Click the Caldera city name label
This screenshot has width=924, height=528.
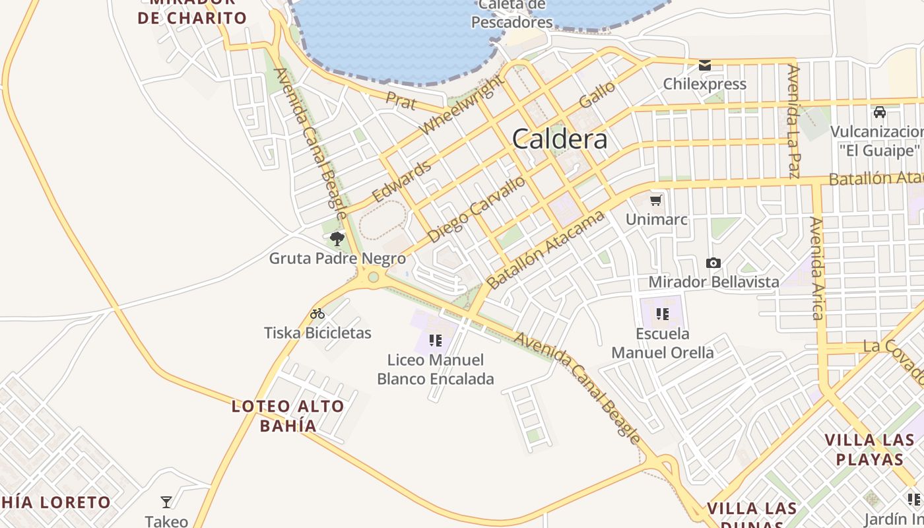pyautogui.click(x=560, y=139)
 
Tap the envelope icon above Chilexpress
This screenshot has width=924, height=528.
pyautogui.click(x=705, y=65)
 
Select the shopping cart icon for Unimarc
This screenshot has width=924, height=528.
pyautogui.click(x=656, y=200)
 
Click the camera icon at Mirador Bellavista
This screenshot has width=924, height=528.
pyautogui.click(x=713, y=263)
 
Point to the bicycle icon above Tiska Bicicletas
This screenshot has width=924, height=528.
pyautogui.click(x=317, y=313)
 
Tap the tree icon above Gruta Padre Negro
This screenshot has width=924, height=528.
pyautogui.click(x=337, y=238)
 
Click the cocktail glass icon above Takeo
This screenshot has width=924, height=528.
pyautogui.click(x=166, y=502)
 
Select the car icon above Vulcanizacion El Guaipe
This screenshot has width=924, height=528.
pyautogui.click(x=879, y=112)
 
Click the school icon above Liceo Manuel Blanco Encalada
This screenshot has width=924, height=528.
pyautogui.click(x=435, y=341)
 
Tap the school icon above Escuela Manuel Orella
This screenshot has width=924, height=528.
pyautogui.click(x=663, y=314)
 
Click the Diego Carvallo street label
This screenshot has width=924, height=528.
pyautogui.click(x=477, y=209)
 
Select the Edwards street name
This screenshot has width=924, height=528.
pyautogui.click(x=402, y=181)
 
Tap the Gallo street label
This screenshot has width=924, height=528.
pyautogui.click(x=597, y=95)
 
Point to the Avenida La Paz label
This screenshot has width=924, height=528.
pyautogui.click(x=794, y=122)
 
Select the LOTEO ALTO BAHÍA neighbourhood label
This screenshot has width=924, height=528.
pyautogui.click(x=288, y=416)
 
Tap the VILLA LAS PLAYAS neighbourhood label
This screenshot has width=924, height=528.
pyautogui.click(x=869, y=449)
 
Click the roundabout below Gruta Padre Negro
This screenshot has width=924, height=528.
pyautogui.click(x=374, y=277)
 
